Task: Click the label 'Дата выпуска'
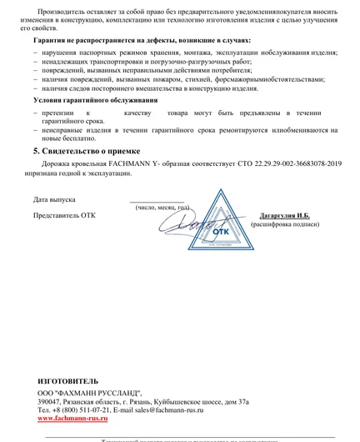pyautogui.click(x=55, y=200)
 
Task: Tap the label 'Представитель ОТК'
pyautogui.click(x=64, y=215)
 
